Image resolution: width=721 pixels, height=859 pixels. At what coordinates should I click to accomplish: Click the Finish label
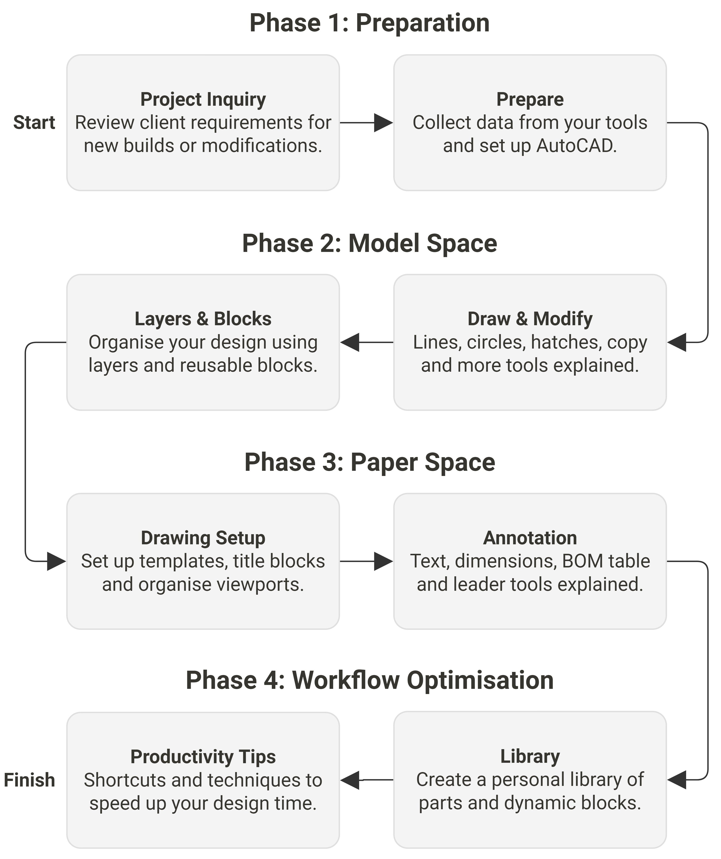click(x=30, y=780)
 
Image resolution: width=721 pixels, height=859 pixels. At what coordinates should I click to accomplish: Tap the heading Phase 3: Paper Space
click(x=370, y=462)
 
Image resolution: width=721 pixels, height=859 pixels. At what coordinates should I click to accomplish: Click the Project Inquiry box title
click(x=203, y=99)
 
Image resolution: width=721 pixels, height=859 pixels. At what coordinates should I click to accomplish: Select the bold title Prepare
click(x=530, y=99)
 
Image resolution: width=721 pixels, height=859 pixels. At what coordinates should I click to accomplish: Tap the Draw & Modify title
click(x=530, y=319)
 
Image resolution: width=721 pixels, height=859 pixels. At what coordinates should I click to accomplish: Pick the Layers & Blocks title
click(x=203, y=319)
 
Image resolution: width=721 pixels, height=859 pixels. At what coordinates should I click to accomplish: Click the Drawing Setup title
click(x=203, y=538)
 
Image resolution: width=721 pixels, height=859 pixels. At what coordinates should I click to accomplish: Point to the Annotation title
click(x=530, y=538)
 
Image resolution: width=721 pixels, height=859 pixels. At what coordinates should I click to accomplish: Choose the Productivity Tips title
click(x=203, y=757)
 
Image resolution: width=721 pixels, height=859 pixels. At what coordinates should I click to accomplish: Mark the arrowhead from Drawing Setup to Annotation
click(x=383, y=561)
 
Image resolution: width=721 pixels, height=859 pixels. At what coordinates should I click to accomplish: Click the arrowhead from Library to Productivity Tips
click(x=350, y=780)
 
